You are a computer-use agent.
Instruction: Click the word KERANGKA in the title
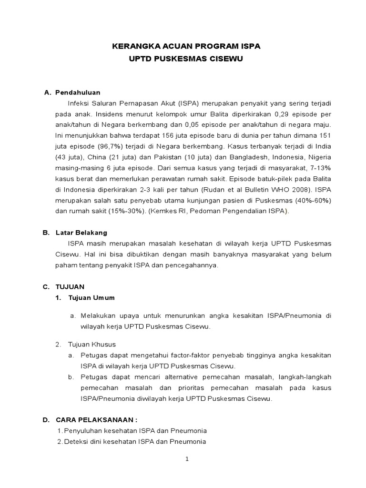131,46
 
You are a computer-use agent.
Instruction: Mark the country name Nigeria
318,157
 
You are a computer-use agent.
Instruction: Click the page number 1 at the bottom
187,459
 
